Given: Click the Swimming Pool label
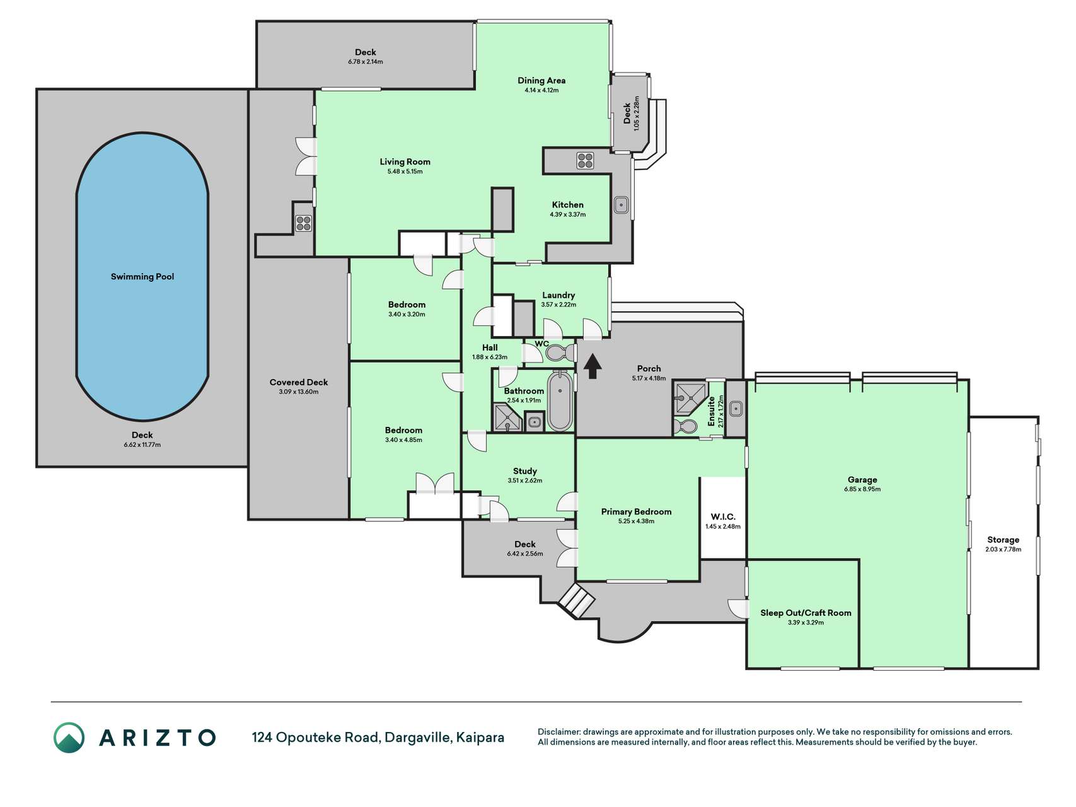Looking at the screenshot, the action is (142, 277).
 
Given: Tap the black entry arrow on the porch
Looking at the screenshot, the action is (592, 366).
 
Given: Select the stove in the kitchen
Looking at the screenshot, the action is (584, 161).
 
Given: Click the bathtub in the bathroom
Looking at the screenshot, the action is (560, 400).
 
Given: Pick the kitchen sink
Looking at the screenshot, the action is (621, 205).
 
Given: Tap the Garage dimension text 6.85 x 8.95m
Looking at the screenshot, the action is (862, 489).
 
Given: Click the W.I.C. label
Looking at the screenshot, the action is (723, 517).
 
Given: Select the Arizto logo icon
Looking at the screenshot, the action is (69, 738).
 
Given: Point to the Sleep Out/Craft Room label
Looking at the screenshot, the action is (806, 613).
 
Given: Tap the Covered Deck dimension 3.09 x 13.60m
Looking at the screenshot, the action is (299, 392).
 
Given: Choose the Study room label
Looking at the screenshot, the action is (525, 472).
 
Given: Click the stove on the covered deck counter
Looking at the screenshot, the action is (304, 223).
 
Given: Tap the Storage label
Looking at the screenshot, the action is (1003, 540).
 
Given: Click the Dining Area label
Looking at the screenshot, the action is (541, 81).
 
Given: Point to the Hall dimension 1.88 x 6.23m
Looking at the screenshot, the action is (490, 357).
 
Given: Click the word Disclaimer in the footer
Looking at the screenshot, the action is (558, 732).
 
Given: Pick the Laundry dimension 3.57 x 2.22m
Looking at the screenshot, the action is (558, 305).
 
